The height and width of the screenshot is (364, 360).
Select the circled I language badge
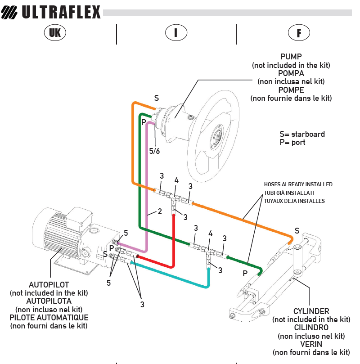click(176, 32)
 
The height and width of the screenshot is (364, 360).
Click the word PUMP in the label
click(291, 57)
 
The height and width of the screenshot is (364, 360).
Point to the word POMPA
click(291, 73)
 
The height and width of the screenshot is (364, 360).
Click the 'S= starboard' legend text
click(302, 134)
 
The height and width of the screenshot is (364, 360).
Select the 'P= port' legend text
click(292, 142)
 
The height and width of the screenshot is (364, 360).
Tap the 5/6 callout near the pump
click(154, 151)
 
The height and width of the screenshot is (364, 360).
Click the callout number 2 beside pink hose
click(159, 211)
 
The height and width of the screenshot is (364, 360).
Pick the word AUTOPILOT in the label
click(49, 285)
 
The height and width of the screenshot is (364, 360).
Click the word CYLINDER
click(311, 311)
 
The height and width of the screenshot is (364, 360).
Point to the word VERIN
click(311, 344)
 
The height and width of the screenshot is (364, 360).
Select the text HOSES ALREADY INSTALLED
click(298, 184)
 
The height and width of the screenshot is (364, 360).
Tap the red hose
click(174, 243)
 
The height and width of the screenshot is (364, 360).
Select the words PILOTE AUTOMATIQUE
click(49, 318)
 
